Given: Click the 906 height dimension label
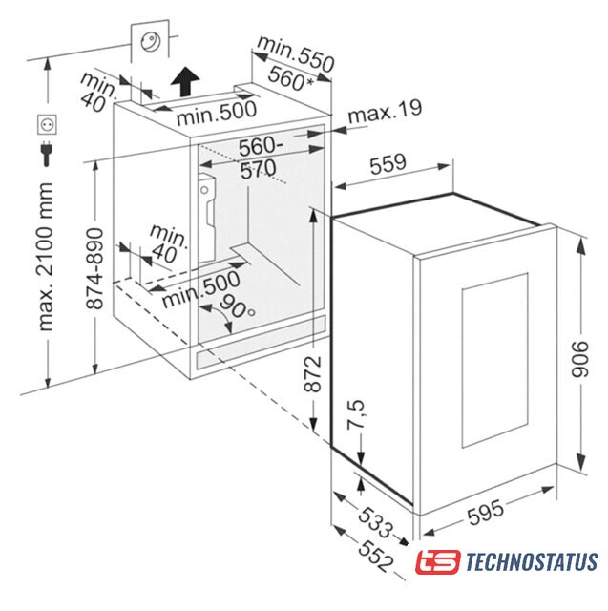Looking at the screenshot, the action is [580, 359].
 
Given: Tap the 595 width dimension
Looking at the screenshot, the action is [485, 512].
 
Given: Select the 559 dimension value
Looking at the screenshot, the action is [388, 163].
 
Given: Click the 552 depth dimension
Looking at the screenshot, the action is [375, 557].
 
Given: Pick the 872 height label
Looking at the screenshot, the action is [312, 373].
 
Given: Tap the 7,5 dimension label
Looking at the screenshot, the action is [356, 414].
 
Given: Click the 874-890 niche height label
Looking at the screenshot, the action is [94, 268].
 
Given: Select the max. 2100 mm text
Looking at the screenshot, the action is [45, 257].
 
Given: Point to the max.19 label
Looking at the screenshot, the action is [385, 111].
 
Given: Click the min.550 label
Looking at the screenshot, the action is [296, 53].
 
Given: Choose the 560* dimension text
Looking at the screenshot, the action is [291, 77].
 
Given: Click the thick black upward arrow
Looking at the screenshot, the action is [185, 80].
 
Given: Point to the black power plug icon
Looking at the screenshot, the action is [47, 153].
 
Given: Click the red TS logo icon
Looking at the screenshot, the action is [438, 561].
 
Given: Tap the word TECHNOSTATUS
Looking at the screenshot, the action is [532, 561].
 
